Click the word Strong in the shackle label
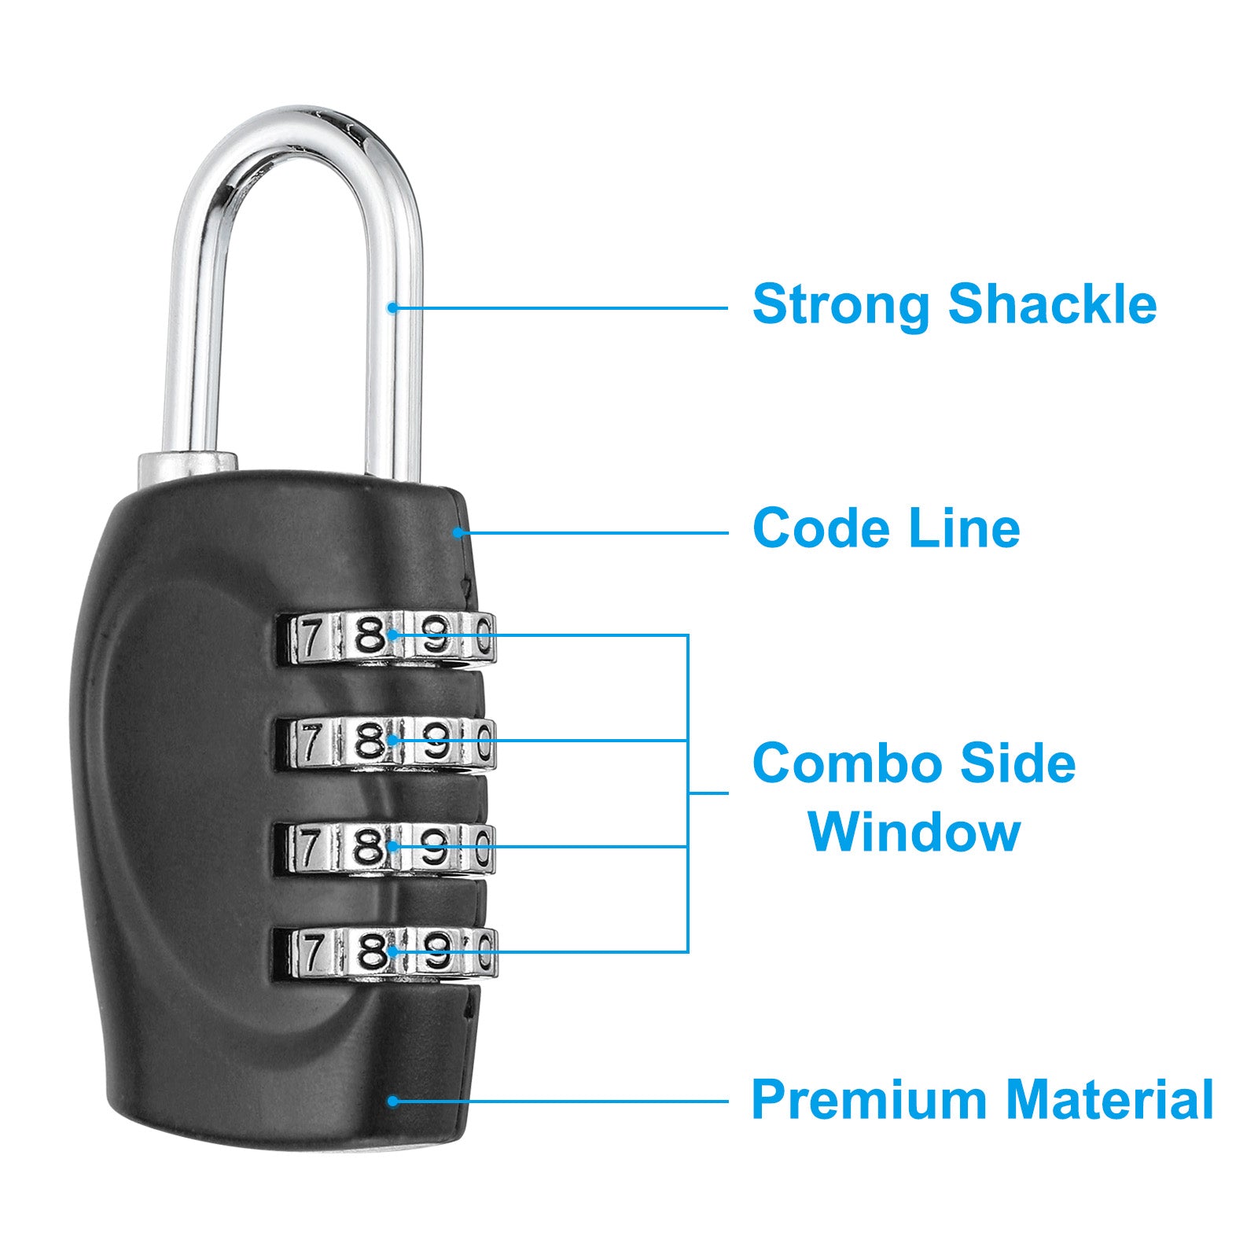coord(841,303)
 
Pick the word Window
coord(914,831)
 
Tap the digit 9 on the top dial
coord(436,637)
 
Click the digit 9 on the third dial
coord(436,848)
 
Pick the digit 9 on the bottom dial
coord(436,954)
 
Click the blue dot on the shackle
coord(392,307)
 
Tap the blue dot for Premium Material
coord(392,1101)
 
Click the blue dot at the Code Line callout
coord(457,532)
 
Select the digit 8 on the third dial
coord(369,848)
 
